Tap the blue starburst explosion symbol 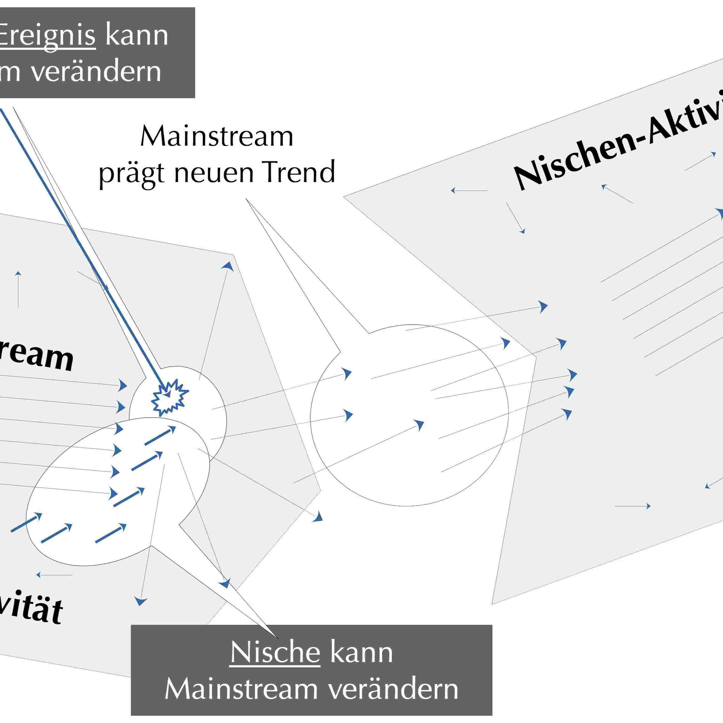point(169,397)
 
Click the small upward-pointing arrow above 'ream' point(18,288)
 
